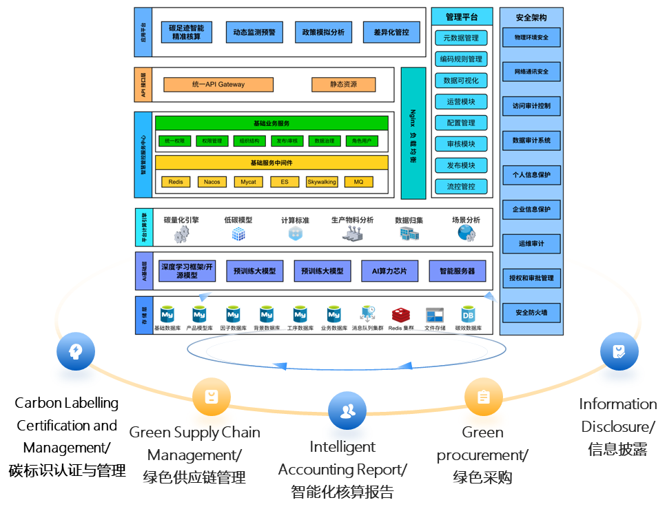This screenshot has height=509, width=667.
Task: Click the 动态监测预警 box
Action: point(254,32)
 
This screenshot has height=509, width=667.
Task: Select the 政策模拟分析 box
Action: point(323,32)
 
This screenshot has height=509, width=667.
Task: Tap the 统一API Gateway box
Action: point(218,85)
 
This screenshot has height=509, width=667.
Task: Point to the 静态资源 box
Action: point(343,85)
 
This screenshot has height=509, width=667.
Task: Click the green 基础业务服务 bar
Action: point(271,123)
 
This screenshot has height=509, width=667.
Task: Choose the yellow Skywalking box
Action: point(322,182)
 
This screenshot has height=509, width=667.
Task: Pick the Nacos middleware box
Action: point(212,182)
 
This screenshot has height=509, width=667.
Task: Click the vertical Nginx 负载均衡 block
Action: point(413,133)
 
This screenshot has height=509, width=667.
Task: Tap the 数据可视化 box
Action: point(461,81)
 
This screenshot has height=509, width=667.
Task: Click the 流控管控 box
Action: point(461,187)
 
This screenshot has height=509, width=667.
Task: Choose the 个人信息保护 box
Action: point(531,175)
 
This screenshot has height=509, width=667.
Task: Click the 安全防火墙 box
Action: point(531,313)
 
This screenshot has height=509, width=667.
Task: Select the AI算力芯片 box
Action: point(389,271)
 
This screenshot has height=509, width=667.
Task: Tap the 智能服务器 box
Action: point(457,271)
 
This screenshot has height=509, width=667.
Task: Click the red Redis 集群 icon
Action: point(401,315)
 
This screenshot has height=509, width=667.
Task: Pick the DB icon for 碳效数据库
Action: point(468,314)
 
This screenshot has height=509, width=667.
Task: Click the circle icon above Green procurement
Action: point(483,397)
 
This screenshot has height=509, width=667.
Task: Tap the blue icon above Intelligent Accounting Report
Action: point(347,411)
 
